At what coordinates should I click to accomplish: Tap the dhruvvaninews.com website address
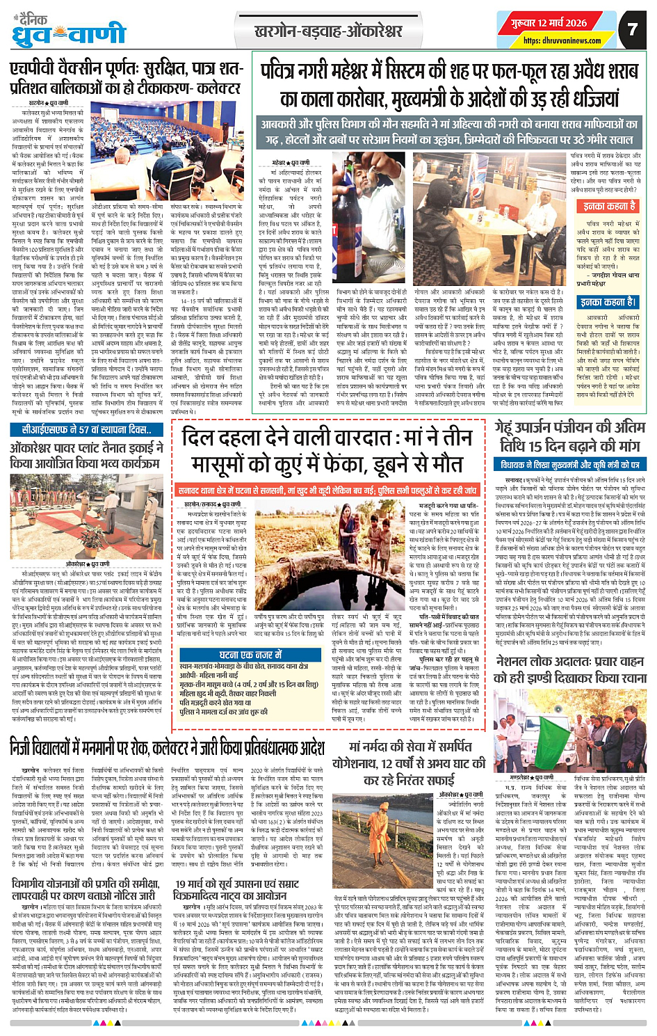coord(562,40)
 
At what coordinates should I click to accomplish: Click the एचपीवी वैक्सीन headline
coord(126,79)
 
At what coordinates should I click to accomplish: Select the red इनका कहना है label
coord(609,206)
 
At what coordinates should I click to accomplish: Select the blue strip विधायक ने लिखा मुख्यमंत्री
coord(569,465)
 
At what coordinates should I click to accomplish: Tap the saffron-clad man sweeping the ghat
coord(384,843)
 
